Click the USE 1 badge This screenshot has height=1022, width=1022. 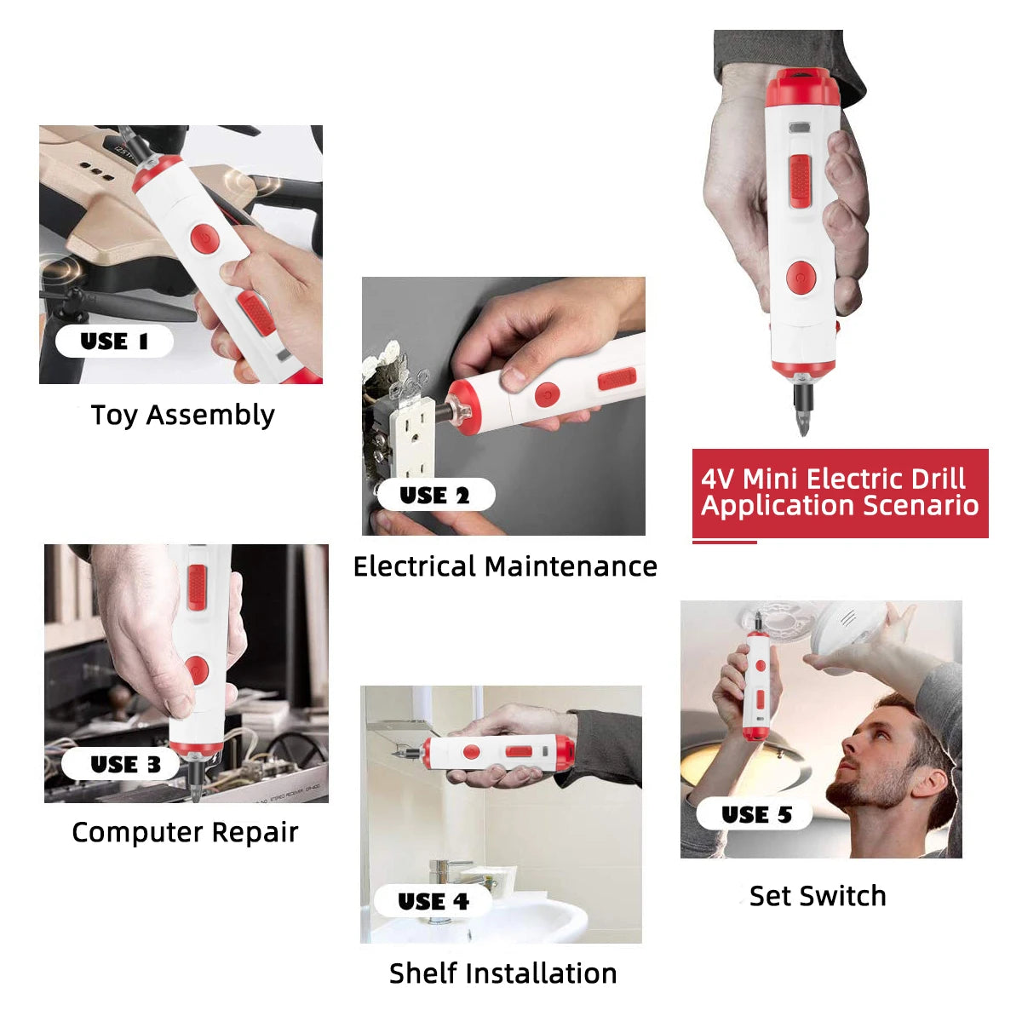[114, 341]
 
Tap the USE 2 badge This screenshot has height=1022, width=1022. [436, 495]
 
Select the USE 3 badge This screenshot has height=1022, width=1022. [120, 764]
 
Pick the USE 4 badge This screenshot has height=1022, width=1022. [433, 900]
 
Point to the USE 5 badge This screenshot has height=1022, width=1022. [754, 814]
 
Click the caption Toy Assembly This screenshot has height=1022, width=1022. [183, 416]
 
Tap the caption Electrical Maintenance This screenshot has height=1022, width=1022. [505, 566]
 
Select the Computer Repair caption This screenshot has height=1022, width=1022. [185, 833]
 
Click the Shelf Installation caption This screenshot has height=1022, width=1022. [502, 973]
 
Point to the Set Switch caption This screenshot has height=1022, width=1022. [818, 896]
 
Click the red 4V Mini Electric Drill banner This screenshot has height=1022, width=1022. [840, 493]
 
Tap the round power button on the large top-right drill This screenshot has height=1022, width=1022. [801, 277]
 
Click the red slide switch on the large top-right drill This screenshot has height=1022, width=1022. [800, 181]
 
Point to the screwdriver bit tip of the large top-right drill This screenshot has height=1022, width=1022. [803, 433]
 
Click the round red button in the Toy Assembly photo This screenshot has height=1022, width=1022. [204, 239]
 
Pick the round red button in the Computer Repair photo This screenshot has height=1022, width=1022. [197, 670]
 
